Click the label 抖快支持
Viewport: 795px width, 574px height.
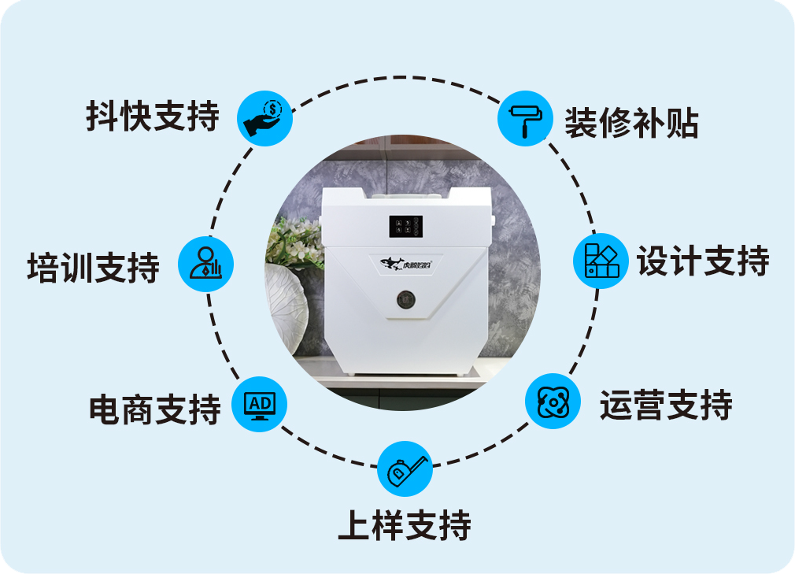click(x=153, y=117)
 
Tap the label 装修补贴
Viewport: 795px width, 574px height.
click(x=631, y=122)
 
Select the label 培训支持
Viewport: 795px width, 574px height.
click(x=94, y=267)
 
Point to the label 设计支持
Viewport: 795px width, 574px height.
click(x=703, y=261)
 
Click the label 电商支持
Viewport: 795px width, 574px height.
click(x=155, y=409)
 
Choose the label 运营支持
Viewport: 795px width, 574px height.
click(x=666, y=406)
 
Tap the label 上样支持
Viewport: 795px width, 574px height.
click(x=405, y=525)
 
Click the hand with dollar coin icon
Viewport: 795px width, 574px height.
click(x=265, y=117)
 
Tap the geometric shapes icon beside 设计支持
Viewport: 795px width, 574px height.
click(x=601, y=261)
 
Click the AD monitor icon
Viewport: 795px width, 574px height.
click(x=260, y=406)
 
